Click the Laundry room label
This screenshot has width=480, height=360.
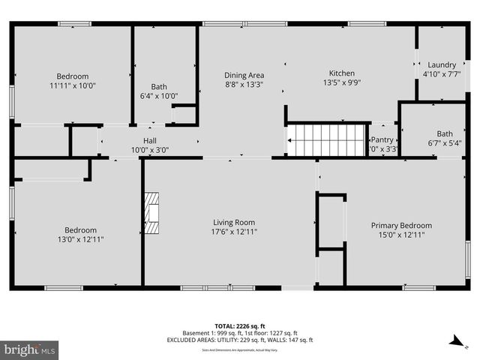[x=441, y=64]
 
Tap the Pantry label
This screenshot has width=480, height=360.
[x=382, y=139]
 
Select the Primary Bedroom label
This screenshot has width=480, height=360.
[x=401, y=225]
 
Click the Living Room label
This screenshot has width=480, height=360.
[x=234, y=222]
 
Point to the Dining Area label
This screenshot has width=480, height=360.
[x=244, y=75]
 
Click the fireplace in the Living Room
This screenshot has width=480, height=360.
[x=152, y=211]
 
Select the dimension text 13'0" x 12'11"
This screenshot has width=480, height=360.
[x=79, y=239]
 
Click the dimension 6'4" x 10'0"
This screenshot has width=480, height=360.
[x=158, y=95]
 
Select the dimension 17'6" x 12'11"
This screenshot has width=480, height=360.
[x=234, y=232]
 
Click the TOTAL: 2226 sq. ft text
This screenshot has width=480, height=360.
[x=240, y=325]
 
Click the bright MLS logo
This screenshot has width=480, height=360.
[x=30, y=349]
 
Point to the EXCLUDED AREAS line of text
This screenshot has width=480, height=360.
[x=240, y=340]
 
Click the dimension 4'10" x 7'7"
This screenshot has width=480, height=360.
[x=441, y=74]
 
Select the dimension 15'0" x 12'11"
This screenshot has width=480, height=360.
[x=401, y=235]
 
